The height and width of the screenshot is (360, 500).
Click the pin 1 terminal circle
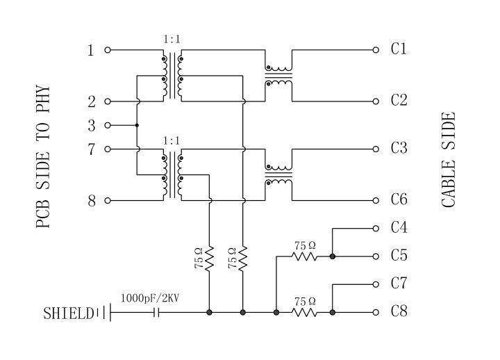click(108, 50)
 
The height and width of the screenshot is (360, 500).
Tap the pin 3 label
click(91, 126)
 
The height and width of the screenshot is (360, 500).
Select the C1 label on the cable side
click(399, 49)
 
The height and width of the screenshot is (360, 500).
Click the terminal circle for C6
click(376, 200)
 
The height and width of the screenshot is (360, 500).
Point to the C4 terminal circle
click(376, 228)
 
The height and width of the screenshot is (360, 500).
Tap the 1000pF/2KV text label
click(150, 298)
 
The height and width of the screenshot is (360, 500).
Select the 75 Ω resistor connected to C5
click(304, 256)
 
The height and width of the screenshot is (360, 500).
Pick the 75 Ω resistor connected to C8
click(304, 313)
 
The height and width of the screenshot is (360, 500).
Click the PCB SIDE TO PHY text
click(44, 156)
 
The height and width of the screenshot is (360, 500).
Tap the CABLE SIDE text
click(449, 160)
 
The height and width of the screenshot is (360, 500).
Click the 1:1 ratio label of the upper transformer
click(172, 40)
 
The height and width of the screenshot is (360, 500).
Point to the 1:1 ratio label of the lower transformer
click(172, 140)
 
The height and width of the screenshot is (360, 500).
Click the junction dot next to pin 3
click(137, 126)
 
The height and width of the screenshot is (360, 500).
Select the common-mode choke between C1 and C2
click(278, 75)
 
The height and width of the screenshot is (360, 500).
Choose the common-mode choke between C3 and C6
click(278, 175)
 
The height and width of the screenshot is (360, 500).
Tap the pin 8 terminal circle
click(108, 201)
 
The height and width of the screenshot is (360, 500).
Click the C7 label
click(399, 284)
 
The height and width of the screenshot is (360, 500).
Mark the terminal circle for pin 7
click(108, 149)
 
